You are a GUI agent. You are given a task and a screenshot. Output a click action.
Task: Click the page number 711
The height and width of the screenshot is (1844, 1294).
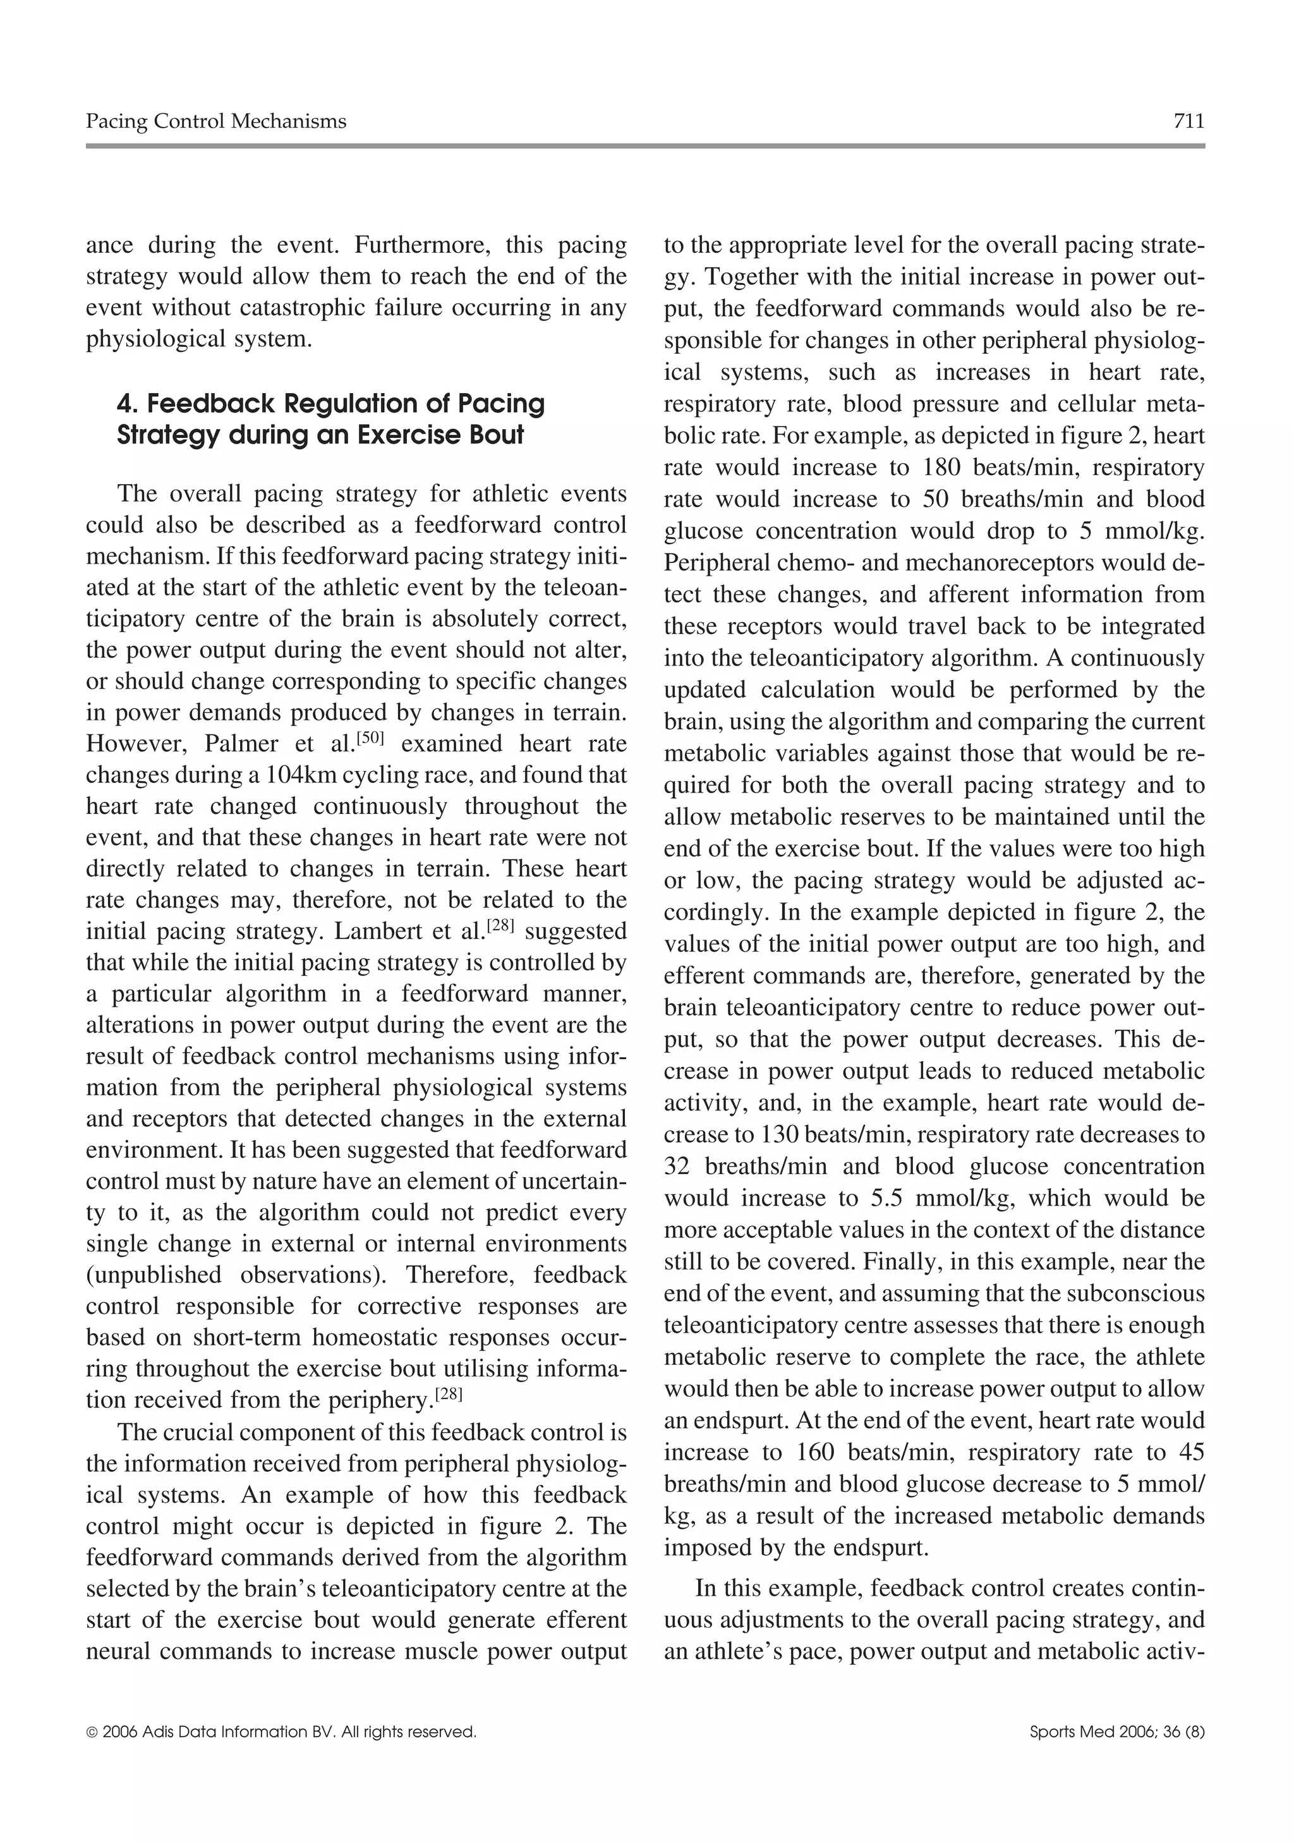[1188, 121]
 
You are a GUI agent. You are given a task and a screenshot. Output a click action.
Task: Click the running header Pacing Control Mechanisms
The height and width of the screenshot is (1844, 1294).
[216, 121]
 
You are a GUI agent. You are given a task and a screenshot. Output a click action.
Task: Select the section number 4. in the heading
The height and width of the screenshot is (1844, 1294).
[128, 403]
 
